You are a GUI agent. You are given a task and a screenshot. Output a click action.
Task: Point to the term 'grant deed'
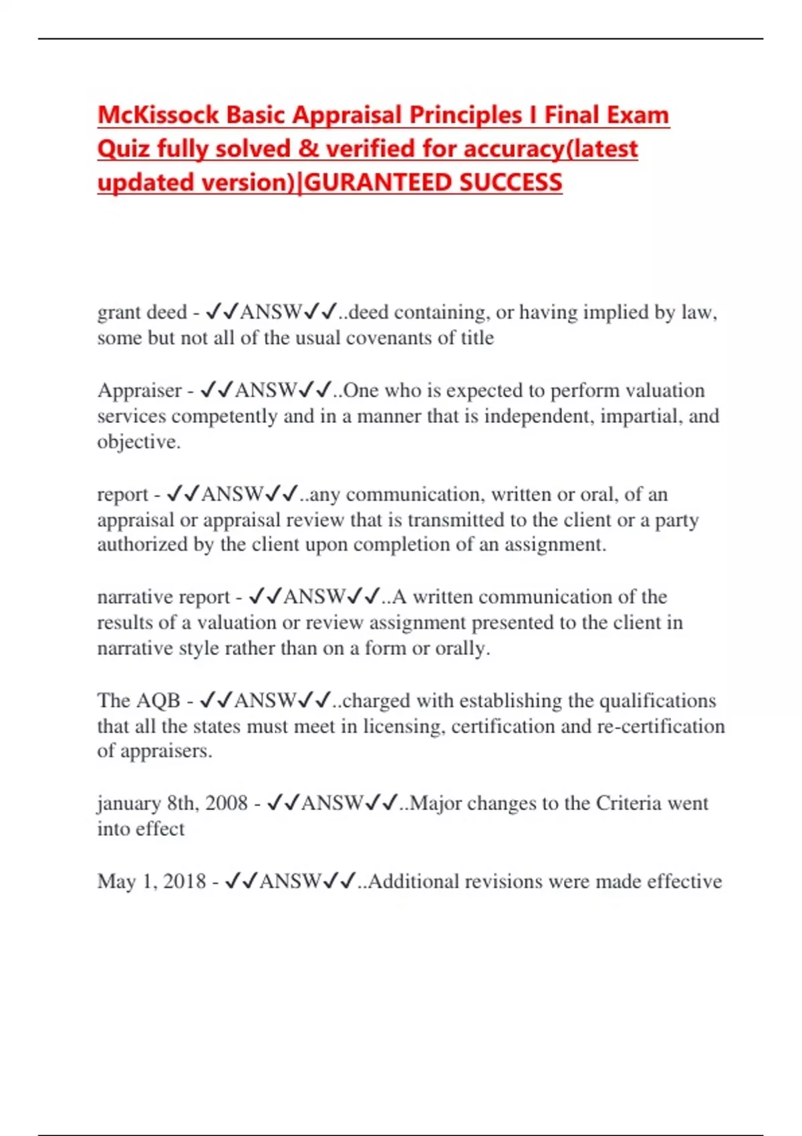(142, 312)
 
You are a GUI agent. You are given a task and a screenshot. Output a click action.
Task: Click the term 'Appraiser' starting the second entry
(139, 390)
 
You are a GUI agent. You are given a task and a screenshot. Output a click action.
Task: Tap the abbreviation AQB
(158, 700)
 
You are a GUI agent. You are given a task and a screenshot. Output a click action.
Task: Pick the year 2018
(184, 881)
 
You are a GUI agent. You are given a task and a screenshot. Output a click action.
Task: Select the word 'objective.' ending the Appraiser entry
(139, 442)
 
